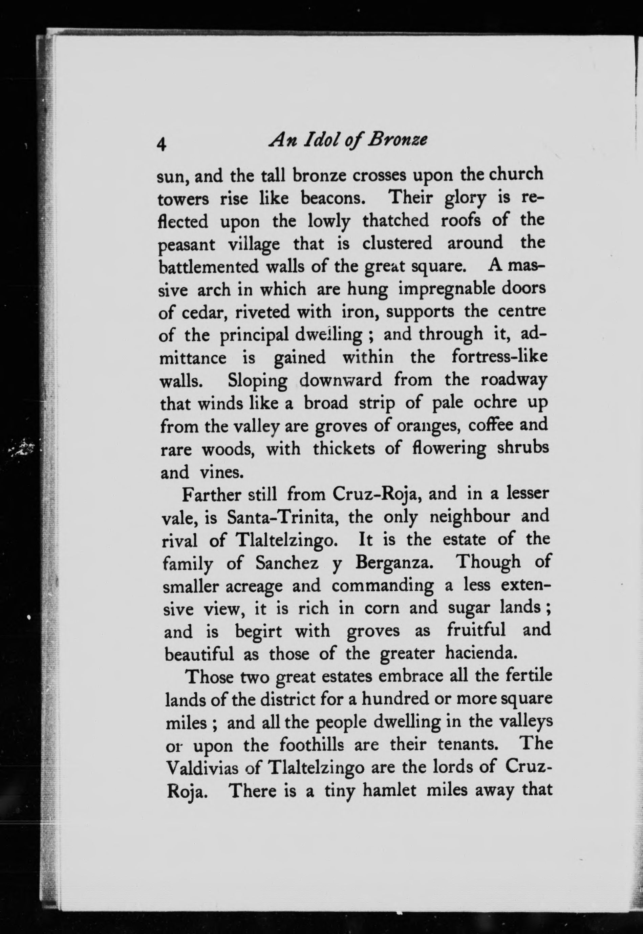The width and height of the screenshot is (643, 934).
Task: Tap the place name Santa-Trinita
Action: pyautogui.click(x=281, y=517)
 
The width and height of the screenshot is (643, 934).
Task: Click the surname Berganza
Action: pyautogui.click(x=394, y=563)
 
